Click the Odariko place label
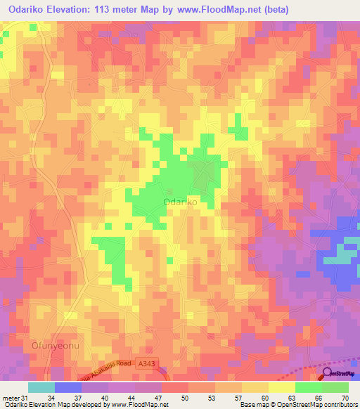click(x=179, y=202)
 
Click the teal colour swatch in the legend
click(x=41, y=387)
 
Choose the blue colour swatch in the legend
click(x=67, y=387)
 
